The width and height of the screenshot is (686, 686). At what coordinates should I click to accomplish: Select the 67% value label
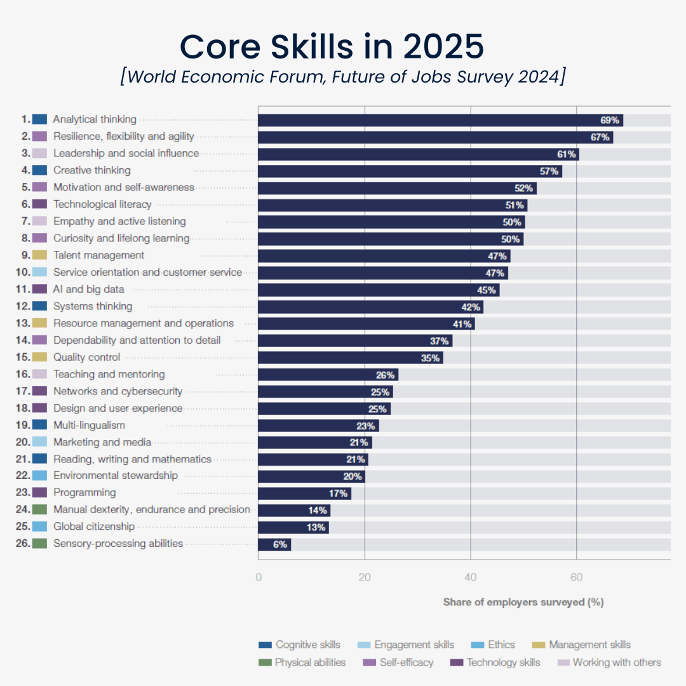coord(600,137)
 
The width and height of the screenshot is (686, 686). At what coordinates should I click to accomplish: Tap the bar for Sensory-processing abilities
coord(274,544)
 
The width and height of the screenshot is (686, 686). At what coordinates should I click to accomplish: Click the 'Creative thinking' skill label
coord(91,170)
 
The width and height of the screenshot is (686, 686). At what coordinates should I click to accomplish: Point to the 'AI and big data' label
coord(88,290)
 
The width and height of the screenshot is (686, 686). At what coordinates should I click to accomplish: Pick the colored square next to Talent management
coord(39,255)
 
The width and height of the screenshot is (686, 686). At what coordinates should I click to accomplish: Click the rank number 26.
coord(23,544)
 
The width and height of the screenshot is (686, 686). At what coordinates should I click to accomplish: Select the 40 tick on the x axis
coord(470,577)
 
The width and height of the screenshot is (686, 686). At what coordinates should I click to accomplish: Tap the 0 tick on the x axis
coord(259,577)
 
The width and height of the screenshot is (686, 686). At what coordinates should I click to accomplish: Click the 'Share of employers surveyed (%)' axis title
coord(523,602)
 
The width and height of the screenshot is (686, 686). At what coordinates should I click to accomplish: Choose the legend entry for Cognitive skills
coord(300,645)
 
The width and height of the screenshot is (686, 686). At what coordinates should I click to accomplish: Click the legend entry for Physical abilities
coord(302,662)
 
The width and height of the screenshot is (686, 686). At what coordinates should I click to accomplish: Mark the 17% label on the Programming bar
coord(337,494)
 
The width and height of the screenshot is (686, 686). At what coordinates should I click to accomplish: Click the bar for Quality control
coord(350,358)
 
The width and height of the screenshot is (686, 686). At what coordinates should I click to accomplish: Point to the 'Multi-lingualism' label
coord(89,425)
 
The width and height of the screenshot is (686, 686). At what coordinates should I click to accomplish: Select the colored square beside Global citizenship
coord(39,527)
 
